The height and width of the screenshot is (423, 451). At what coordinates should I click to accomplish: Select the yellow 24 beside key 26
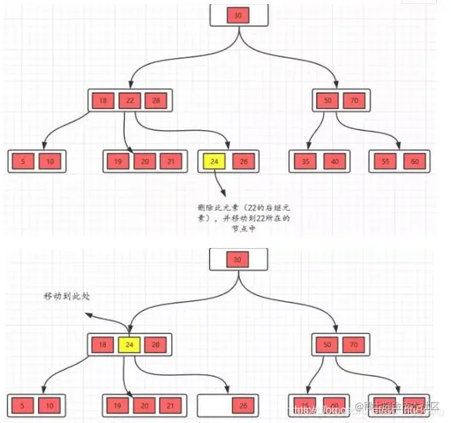[x=214, y=161]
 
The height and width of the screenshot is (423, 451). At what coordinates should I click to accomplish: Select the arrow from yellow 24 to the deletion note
[x=220, y=183]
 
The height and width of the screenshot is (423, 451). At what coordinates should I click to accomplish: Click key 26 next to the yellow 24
[x=242, y=161]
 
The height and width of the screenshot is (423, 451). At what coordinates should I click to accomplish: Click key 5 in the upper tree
[x=24, y=161]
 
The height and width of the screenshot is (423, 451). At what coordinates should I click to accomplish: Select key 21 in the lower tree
[x=170, y=406]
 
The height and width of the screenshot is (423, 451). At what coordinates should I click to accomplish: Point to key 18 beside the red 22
[x=102, y=100]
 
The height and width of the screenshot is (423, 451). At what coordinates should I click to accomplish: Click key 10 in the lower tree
[x=50, y=406]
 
